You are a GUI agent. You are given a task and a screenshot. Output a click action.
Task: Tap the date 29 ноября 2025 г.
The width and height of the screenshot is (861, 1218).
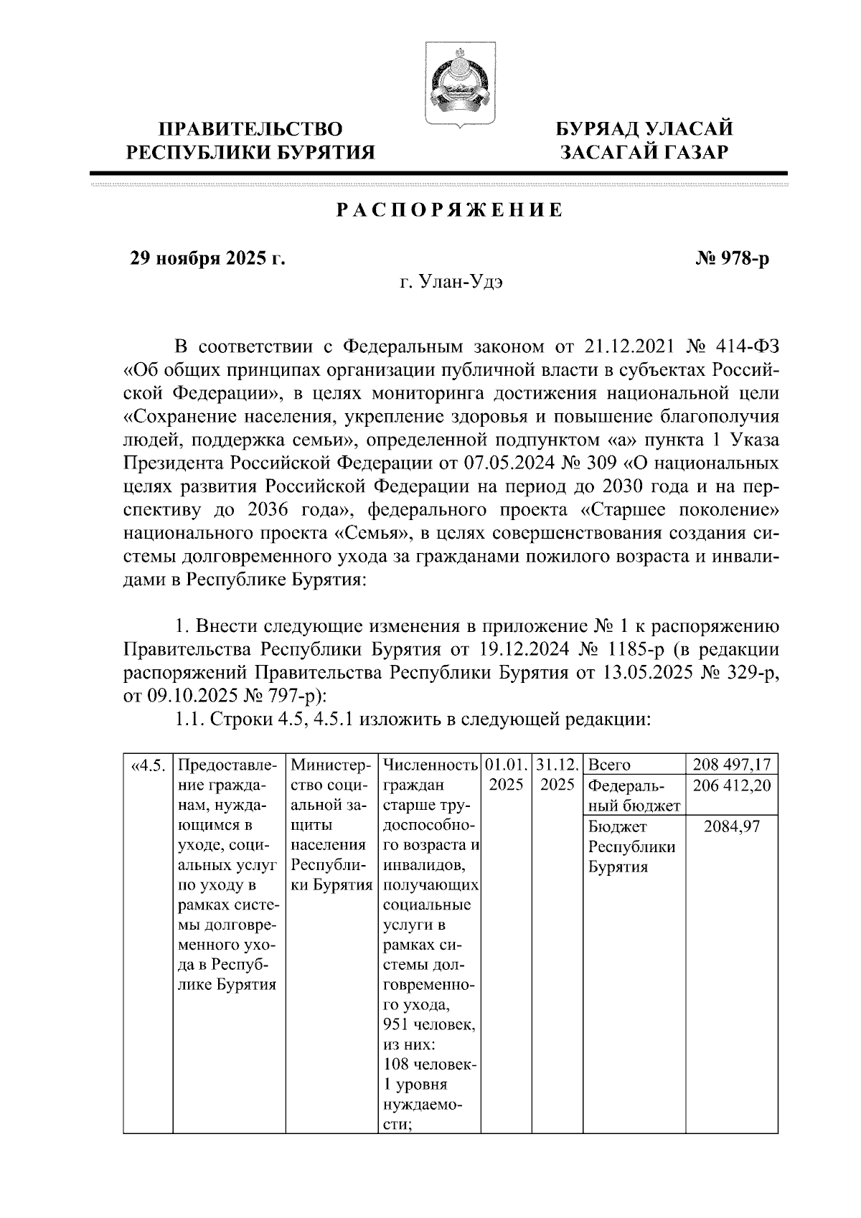[x=207, y=258]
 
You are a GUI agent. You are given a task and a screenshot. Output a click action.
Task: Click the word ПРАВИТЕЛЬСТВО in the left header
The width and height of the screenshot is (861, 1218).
[x=250, y=129]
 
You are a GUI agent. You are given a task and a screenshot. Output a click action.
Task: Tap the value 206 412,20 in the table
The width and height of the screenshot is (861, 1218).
[x=732, y=785]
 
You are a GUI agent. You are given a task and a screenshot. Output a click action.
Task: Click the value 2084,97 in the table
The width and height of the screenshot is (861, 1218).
[x=732, y=826]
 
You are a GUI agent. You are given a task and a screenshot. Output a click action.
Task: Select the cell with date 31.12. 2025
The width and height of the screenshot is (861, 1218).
[x=557, y=775]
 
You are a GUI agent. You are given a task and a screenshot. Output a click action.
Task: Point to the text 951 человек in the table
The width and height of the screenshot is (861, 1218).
[x=428, y=1024]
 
